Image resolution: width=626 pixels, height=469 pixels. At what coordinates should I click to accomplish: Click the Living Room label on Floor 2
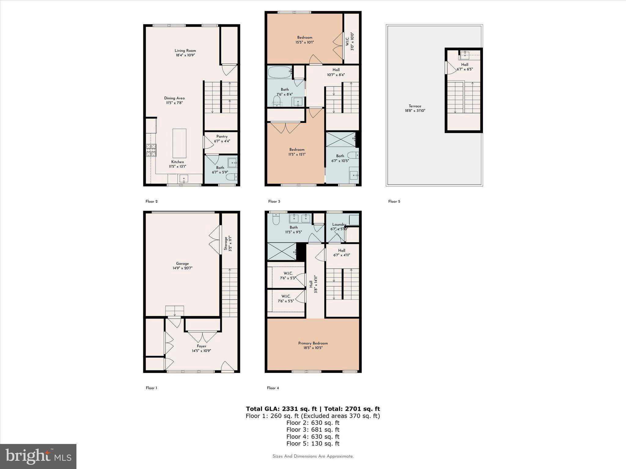[x=185, y=51]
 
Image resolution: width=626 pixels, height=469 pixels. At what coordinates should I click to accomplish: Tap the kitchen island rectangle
[x=179, y=143]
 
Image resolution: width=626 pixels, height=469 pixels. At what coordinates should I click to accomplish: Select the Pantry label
[x=222, y=136]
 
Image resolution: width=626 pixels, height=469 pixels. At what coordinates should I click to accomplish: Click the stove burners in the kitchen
[x=151, y=150]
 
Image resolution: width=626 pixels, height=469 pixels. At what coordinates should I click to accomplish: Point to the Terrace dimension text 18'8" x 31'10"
[x=415, y=111]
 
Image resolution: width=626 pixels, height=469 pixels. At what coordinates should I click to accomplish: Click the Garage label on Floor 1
[x=182, y=264]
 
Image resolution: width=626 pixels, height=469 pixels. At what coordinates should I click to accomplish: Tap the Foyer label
[x=201, y=346]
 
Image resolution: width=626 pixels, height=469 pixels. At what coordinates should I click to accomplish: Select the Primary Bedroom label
[x=313, y=343]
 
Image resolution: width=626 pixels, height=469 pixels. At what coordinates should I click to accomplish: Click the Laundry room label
[x=339, y=224]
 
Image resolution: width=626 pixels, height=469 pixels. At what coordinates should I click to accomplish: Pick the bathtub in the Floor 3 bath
[x=279, y=72]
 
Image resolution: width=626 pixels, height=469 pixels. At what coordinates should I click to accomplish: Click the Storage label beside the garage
[x=226, y=243]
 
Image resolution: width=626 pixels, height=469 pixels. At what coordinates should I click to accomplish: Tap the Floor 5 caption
[x=394, y=202]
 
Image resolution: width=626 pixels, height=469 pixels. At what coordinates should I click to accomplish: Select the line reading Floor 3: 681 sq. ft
[x=313, y=430]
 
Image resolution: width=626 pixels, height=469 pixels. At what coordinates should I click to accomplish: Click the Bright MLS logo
[x=38, y=456]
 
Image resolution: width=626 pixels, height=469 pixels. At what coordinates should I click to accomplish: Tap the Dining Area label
[x=174, y=98]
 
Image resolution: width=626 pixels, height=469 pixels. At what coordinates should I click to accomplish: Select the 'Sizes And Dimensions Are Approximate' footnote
[x=313, y=456]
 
